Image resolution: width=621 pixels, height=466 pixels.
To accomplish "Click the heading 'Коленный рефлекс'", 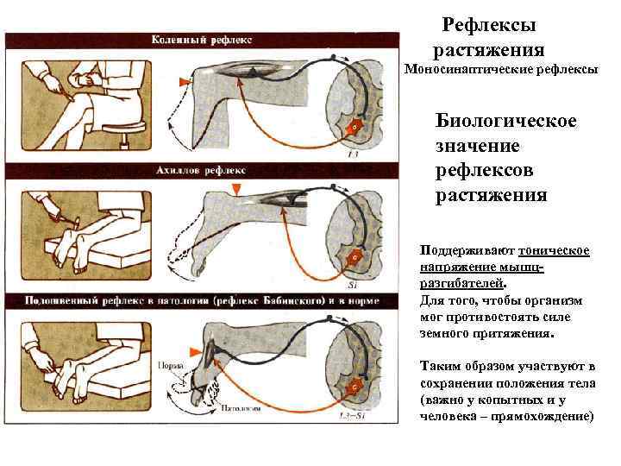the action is (201, 40).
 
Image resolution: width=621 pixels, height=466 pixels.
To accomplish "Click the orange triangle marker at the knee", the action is (182, 82).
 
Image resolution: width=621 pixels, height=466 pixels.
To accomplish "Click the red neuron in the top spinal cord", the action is (352, 127).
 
